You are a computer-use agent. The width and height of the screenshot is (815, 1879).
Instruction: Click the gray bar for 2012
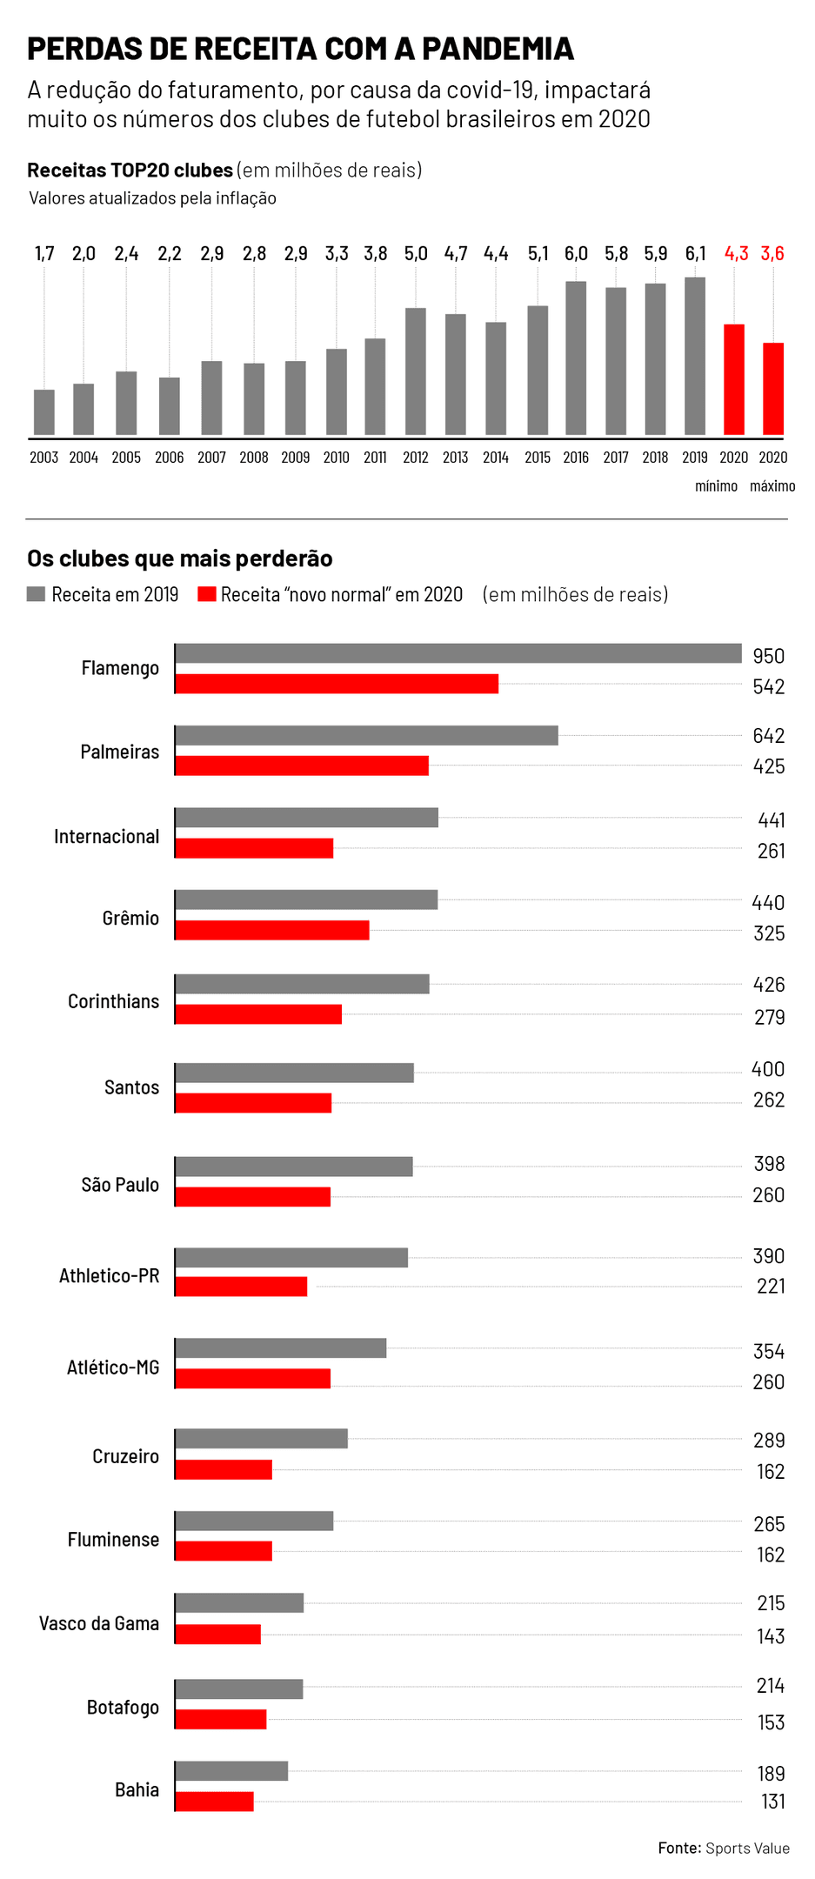(x=416, y=371)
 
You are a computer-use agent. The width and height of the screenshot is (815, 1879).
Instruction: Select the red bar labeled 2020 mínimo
(x=734, y=379)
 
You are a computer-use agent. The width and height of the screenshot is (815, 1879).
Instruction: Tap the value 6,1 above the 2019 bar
(x=695, y=254)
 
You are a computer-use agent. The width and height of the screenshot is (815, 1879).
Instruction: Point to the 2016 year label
(x=576, y=458)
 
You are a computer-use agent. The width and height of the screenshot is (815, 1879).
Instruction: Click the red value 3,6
(x=772, y=254)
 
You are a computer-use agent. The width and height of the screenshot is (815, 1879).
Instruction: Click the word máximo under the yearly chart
(x=772, y=486)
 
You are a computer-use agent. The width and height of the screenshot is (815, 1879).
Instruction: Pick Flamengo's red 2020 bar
(x=337, y=684)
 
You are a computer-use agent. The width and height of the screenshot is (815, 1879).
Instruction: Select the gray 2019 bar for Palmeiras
(x=366, y=736)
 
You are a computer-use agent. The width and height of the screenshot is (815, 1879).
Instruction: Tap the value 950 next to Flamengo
(x=768, y=656)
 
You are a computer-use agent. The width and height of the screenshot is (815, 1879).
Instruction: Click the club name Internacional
(x=107, y=837)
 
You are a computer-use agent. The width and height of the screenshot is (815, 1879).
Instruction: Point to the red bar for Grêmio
(x=272, y=930)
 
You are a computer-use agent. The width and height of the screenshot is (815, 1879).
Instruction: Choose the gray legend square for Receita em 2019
(x=36, y=594)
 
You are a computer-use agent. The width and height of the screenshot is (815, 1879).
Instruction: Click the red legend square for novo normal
(x=207, y=594)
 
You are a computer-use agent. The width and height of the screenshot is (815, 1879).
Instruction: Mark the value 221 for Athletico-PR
(x=770, y=1286)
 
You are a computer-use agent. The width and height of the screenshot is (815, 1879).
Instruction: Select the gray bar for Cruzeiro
(x=261, y=1439)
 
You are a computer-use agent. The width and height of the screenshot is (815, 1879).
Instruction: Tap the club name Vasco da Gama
(x=99, y=1623)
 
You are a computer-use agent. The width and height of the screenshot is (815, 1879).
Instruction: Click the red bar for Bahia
(x=214, y=1802)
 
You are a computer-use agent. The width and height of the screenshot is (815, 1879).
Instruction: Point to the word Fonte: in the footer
(x=679, y=1848)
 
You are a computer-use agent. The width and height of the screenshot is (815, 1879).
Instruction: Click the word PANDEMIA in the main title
(x=498, y=49)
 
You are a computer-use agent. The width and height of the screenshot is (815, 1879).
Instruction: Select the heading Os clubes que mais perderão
(x=180, y=558)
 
